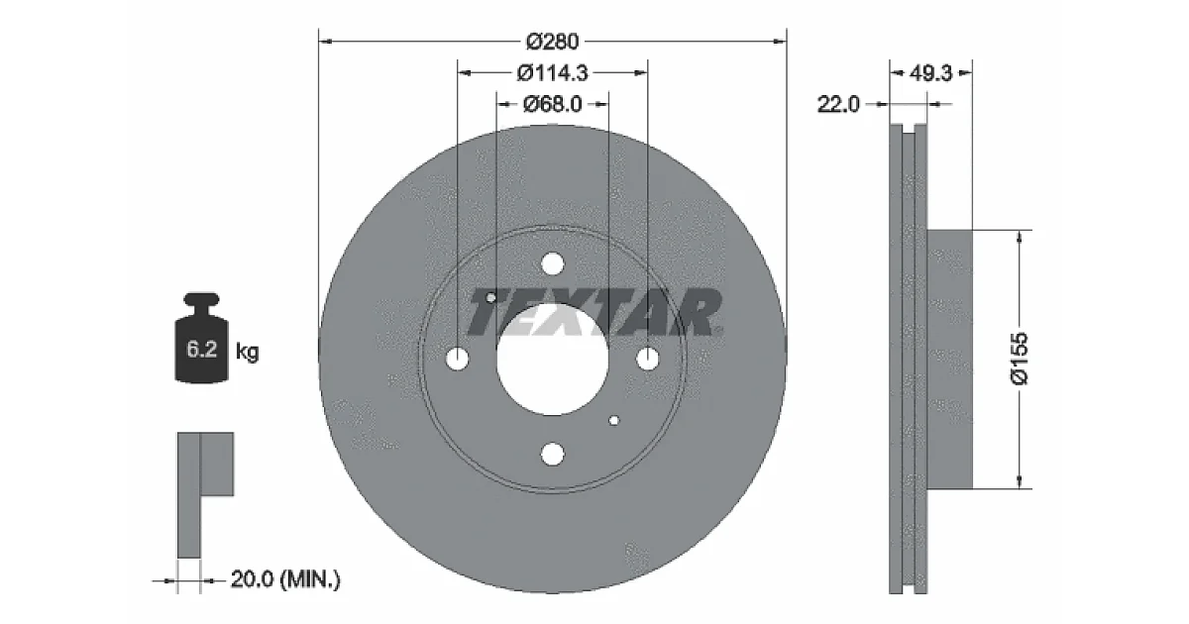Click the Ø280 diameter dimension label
pyautogui.click(x=552, y=42)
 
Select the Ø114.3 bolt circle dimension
pyautogui.click(x=552, y=72)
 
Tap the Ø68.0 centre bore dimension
pyautogui.click(x=552, y=104)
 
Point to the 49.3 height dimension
pyautogui.click(x=930, y=72)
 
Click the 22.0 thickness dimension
pyautogui.click(x=837, y=104)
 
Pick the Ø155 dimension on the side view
pyautogui.click(x=1020, y=359)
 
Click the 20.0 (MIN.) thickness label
pyautogui.click(x=285, y=578)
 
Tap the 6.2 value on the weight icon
pyautogui.click(x=202, y=349)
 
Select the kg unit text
pyautogui.click(x=248, y=352)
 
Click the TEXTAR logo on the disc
pyautogui.click(x=594, y=313)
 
